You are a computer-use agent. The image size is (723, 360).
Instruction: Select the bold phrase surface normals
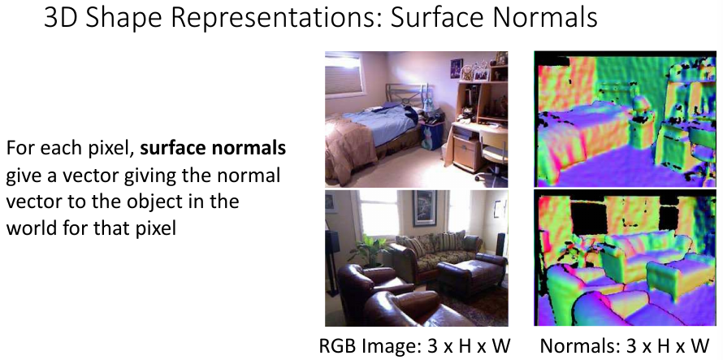(213, 149)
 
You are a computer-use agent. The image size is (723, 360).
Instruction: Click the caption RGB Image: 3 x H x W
(415, 346)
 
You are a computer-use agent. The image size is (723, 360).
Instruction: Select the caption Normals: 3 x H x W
(624, 346)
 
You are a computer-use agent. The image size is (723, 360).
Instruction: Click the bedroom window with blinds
(344, 75)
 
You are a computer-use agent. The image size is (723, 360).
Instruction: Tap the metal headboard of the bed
(405, 94)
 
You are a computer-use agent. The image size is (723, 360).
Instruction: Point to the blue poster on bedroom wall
(456, 67)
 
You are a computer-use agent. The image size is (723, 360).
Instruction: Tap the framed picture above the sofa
(425, 208)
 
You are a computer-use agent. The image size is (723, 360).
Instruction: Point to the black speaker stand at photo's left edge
(333, 263)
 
